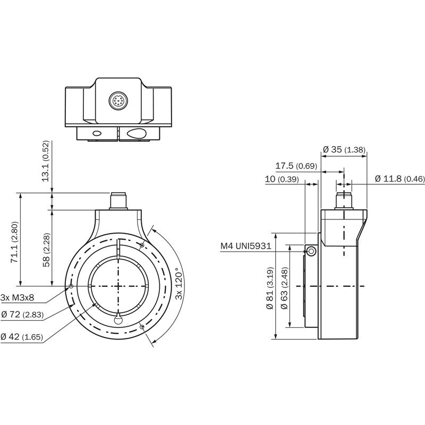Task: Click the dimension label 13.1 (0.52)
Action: pos(45,161)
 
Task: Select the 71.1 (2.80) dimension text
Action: pos(14,242)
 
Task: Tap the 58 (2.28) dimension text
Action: pos(46,250)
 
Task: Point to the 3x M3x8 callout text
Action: pos(18,297)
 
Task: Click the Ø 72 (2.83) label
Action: pos(22,314)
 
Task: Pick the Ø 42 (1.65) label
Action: pos(22,337)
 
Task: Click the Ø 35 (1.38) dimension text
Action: pos(344,149)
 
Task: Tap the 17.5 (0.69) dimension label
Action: pos(296,166)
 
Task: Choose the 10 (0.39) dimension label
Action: pos(282,179)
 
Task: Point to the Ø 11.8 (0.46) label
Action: pos(400,178)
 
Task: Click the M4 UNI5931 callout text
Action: pos(245,246)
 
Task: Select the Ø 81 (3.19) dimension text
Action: pos(270,288)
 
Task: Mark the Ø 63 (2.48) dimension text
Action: pos(284,288)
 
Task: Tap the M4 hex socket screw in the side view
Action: pos(312,251)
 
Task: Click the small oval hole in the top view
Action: pos(97,133)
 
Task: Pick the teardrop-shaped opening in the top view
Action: pos(137,133)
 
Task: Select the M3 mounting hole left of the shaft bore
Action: pos(71,286)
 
